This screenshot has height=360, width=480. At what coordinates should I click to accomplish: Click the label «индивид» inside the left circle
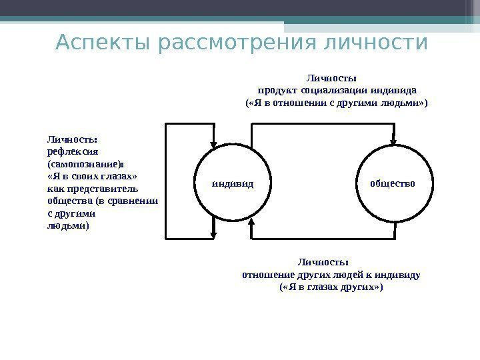tap(233, 182)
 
